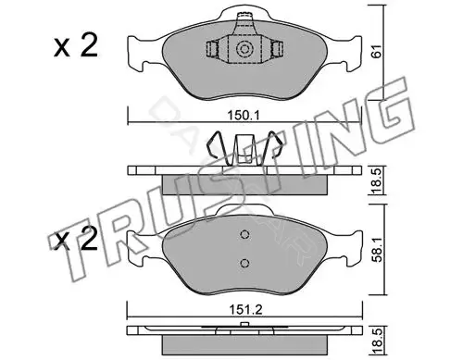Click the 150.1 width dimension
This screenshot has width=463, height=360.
244,116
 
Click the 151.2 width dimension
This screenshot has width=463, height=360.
245,309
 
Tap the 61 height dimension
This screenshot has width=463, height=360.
377,51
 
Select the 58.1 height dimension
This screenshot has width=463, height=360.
377,249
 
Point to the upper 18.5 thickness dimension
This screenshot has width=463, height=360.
377,180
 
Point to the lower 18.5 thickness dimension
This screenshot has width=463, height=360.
377,341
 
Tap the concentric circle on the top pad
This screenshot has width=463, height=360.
244,49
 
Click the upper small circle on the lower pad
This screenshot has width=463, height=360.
244,234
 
